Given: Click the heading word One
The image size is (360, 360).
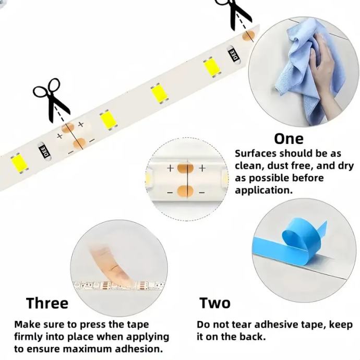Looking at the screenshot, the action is (289, 139).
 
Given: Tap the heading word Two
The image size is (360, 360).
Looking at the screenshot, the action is (214, 303).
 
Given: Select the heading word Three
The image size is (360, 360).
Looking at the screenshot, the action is (47, 303).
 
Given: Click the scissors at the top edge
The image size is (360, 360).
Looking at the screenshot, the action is (233, 14).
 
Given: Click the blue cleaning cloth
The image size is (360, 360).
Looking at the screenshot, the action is (305, 69).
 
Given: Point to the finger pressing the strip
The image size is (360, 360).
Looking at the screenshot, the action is (113, 264).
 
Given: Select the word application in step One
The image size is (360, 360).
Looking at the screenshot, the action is (263, 190).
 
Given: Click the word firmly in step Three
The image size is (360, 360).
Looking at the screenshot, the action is (29, 337).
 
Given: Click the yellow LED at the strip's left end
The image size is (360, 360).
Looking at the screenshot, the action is (19, 163).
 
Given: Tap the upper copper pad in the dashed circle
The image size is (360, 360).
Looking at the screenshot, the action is (185, 168).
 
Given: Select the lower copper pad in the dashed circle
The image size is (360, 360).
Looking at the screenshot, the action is (185, 191).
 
